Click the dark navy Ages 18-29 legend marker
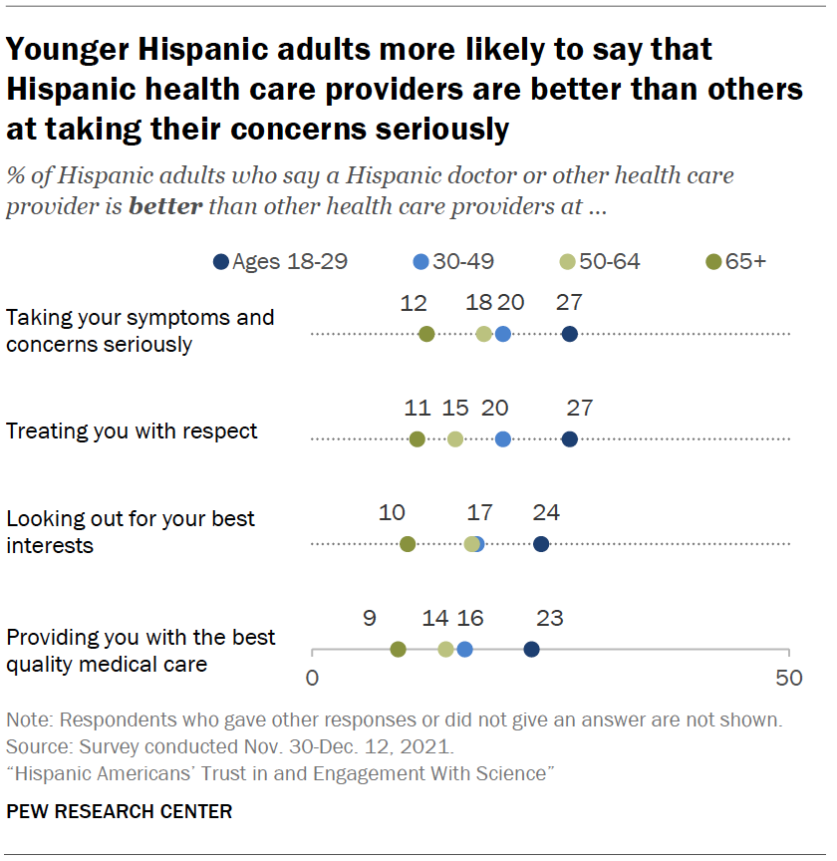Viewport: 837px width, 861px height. point(220,262)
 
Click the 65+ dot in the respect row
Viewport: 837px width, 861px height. point(417,438)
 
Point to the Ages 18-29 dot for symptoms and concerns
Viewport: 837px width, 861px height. point(569,334)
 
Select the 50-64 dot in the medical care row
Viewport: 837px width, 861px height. point(445,650)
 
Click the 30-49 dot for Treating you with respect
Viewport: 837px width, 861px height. point(502,438)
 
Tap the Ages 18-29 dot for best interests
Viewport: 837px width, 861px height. point(541,544)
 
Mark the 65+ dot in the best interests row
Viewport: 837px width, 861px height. point(407,544)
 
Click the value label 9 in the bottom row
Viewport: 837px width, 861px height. point(369,618)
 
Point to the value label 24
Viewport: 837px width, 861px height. point(546,513)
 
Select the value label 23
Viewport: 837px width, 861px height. point(549,618)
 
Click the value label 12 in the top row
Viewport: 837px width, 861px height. point(414,303)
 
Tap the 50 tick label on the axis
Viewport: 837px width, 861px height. point(789,679)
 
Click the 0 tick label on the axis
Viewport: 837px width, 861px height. point(312,679)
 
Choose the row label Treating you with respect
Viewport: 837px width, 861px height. point(132,431)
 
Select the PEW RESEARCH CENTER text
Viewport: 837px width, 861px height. point(119,811)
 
